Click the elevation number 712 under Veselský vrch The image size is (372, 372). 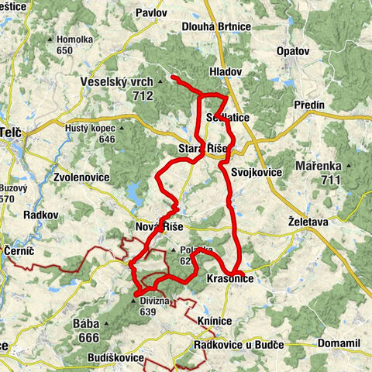point(142,96)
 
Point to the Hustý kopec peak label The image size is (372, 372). point(91,128)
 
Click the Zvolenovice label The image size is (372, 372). point(81,177)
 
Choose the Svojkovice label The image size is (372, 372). point(250,172)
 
